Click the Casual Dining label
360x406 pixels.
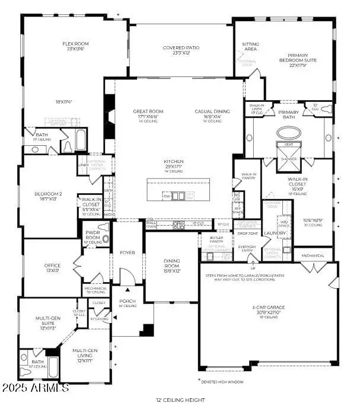point(212,111)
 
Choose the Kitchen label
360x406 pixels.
point(174,161)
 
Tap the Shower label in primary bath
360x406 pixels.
point(289,158)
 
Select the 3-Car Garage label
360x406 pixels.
point(267,308)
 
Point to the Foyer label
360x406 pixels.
point(127,252)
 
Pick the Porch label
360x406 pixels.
point(127,301)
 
